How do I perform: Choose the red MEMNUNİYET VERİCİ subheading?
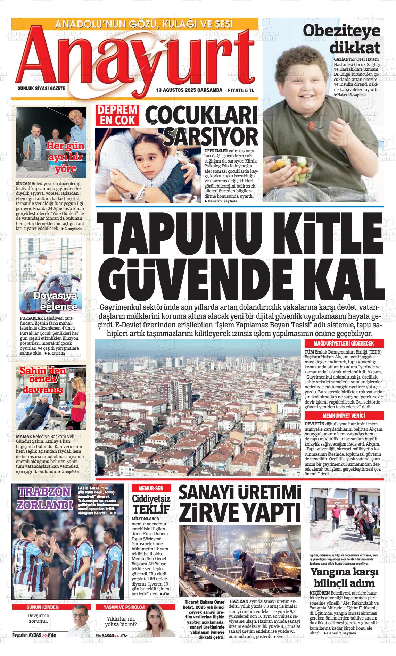344,416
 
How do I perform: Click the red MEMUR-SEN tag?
148,488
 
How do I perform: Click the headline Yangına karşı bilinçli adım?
344,577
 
